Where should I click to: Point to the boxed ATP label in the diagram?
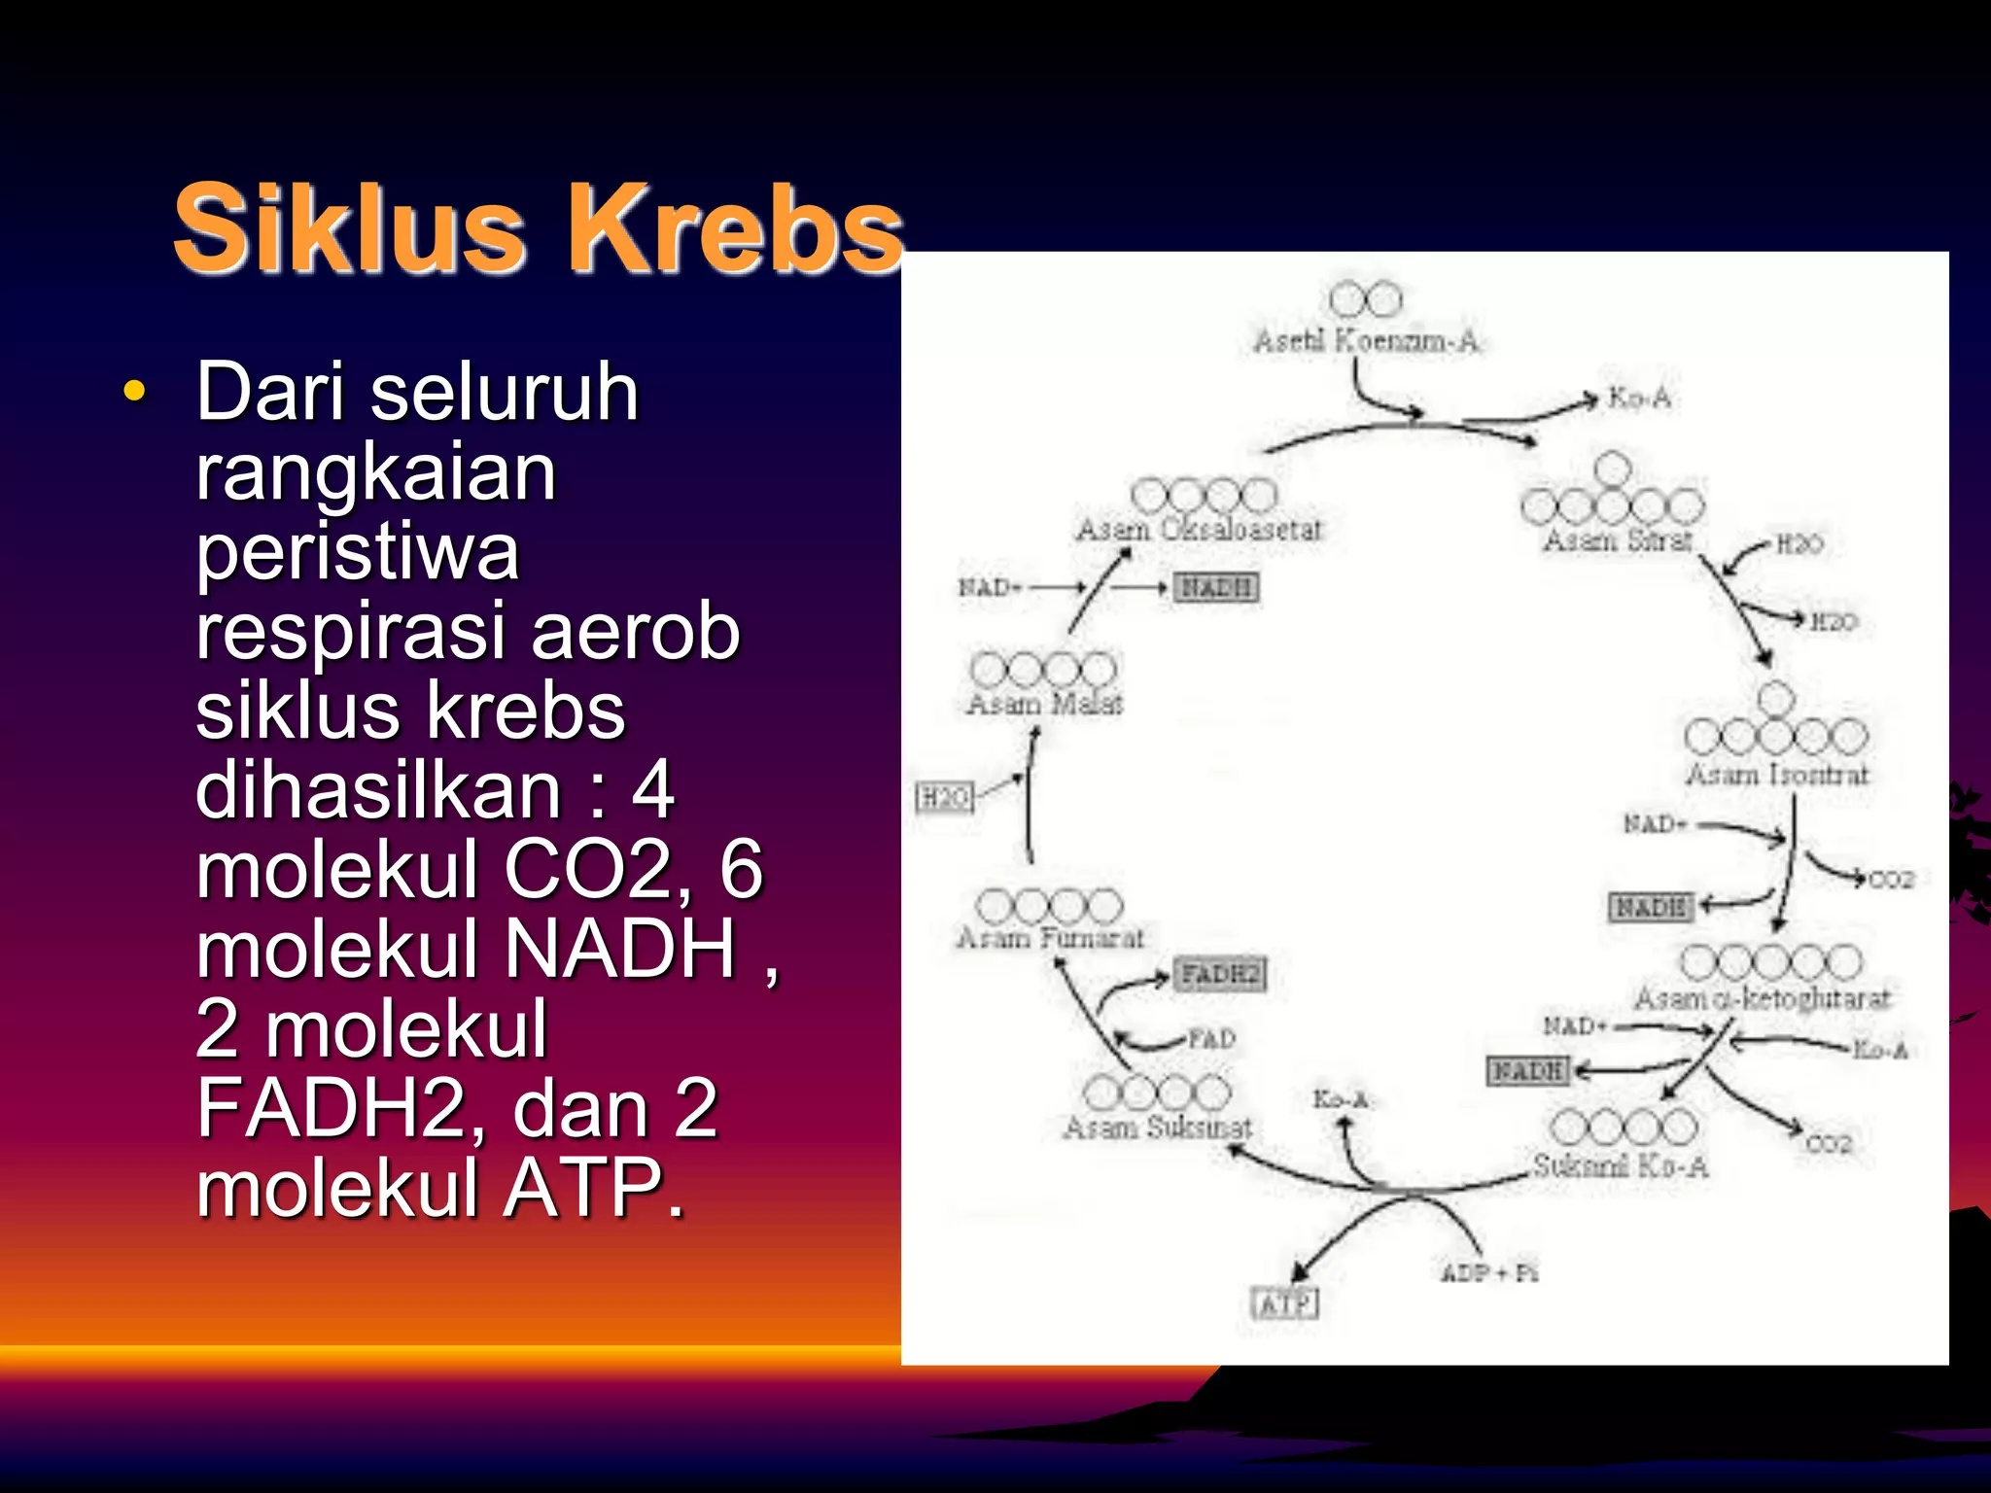pyautogui.click(x=1285, y=1303)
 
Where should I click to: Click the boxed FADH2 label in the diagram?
pyautogui.click(x=1220, y=974)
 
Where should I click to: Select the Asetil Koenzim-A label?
pyautogui.click(x=1365, y=341)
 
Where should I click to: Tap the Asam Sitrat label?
pyautogui.click(x=1618, y=540)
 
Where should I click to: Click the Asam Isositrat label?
pyautogui.click(x=1776, y=775)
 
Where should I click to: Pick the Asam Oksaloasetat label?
pyautogui.click(x=1199, y=530)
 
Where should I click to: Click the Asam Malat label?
pyautogui.click(x=1045, y=704)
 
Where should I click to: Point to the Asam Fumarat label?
pyautogui.click(x=1050, y=938)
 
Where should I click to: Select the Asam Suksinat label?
pyautogui.click(x=1157, y=1128)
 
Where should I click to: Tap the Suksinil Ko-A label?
pyautogui.click(x=1620, y=1165)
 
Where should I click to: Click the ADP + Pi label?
pyautogui.click(x=1488, y=1272)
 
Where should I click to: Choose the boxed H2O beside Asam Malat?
pyautogui.click(x=943, y=798)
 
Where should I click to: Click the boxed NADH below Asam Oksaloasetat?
pyautogui.click(x=1216, y=587)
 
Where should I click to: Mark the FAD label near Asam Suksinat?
pyautogui.click(x=1211, y=1039)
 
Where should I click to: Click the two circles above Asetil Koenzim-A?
pyautogui.click(x=1365, y=299)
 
